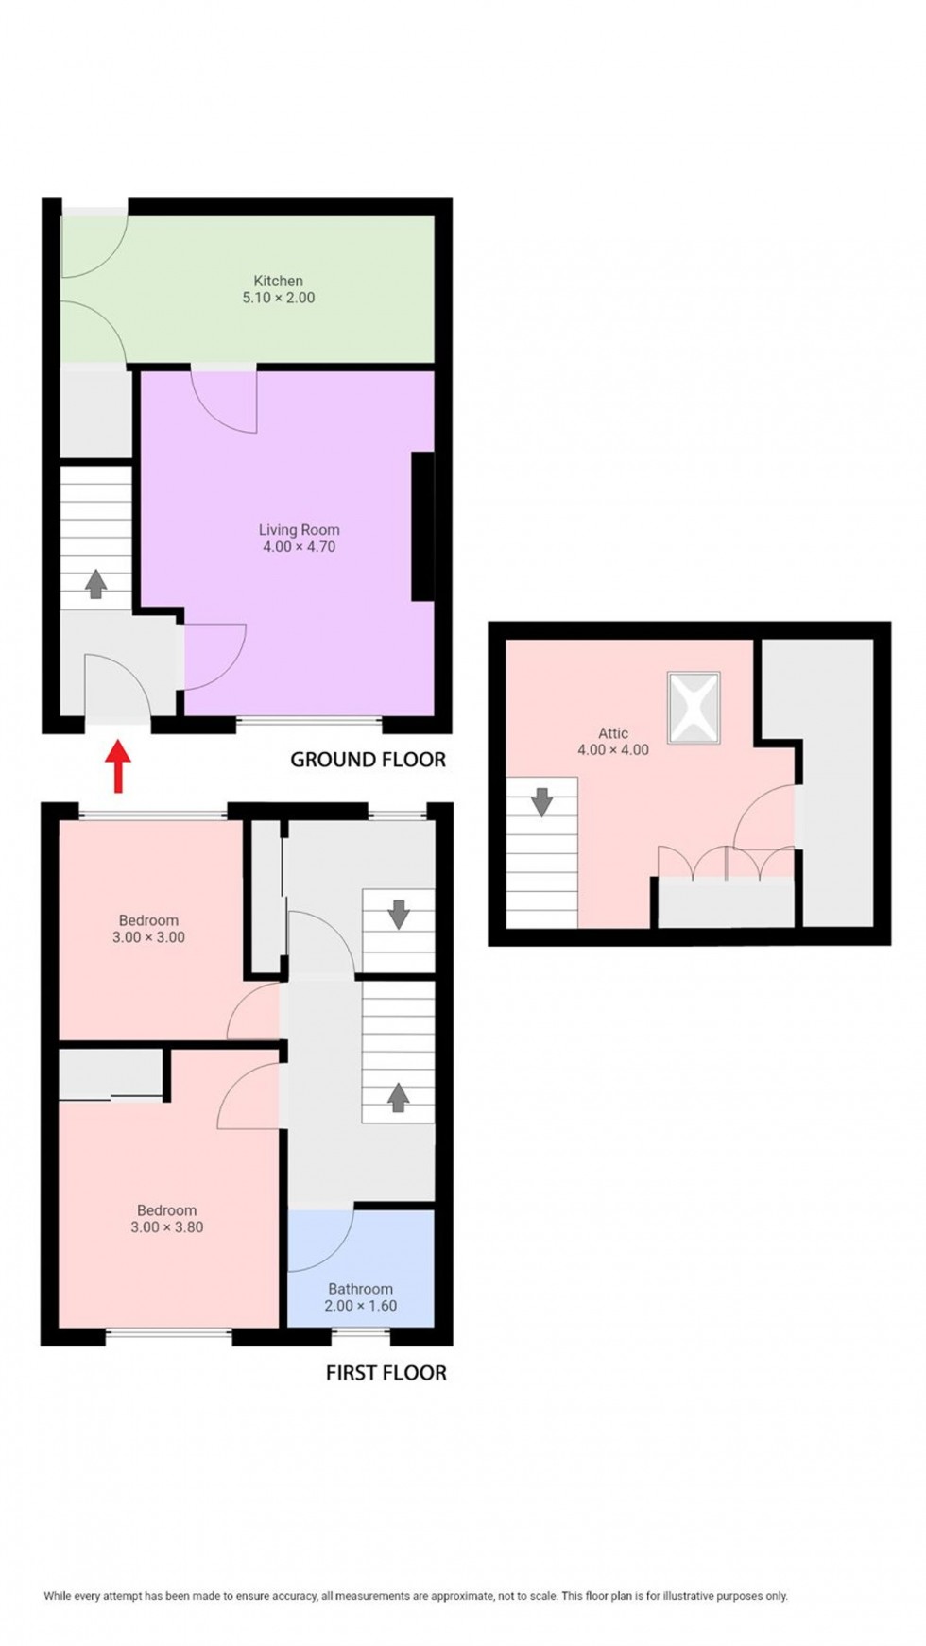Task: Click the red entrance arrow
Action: point(117,766)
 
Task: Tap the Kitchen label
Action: point(278,281)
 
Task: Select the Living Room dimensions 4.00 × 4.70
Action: point(299,547)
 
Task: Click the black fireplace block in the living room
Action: point(422,527)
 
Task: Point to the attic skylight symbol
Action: point(694,708)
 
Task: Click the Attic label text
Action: point(613,732)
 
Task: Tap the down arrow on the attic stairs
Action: point(541,802)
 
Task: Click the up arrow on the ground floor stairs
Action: point(95,584)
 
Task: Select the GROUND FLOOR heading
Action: point(368,760)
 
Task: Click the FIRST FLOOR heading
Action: point(386,1373)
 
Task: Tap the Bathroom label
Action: point(360,1289)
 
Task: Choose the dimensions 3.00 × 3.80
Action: point(167,1227)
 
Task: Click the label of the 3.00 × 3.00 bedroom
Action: point(148,920)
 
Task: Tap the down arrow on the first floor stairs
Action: point(398,914)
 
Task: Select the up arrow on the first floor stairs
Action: point(398,1096)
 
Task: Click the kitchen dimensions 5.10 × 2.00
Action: point(278,298)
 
